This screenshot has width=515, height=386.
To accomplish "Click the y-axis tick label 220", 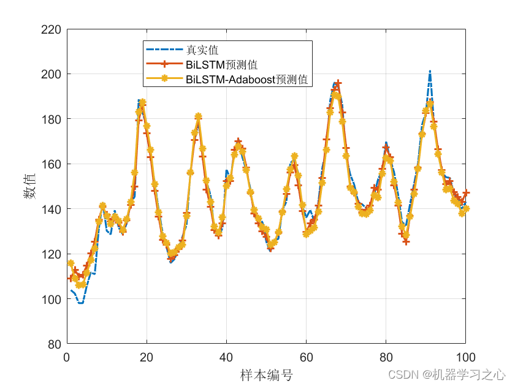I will click(x=51, y=29).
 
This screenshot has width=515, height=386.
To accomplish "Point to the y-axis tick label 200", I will click(x=51, y=74).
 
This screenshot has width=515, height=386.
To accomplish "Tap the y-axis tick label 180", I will click(x=51, y=119).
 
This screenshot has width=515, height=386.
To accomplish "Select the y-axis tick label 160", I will click(x=51, y=164).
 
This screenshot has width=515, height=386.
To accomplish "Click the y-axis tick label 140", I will click(x=51, y=210).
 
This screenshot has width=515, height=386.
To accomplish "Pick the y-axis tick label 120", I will click(x=51, y=254).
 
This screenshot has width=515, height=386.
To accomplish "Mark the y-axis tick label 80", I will click(x=55, y=344).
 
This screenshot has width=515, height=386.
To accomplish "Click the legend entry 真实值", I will click(x=202, y=50).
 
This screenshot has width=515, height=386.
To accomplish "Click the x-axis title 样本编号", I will click(x=266, y=374).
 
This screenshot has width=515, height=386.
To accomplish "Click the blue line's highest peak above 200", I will click(x=430, y=71).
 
